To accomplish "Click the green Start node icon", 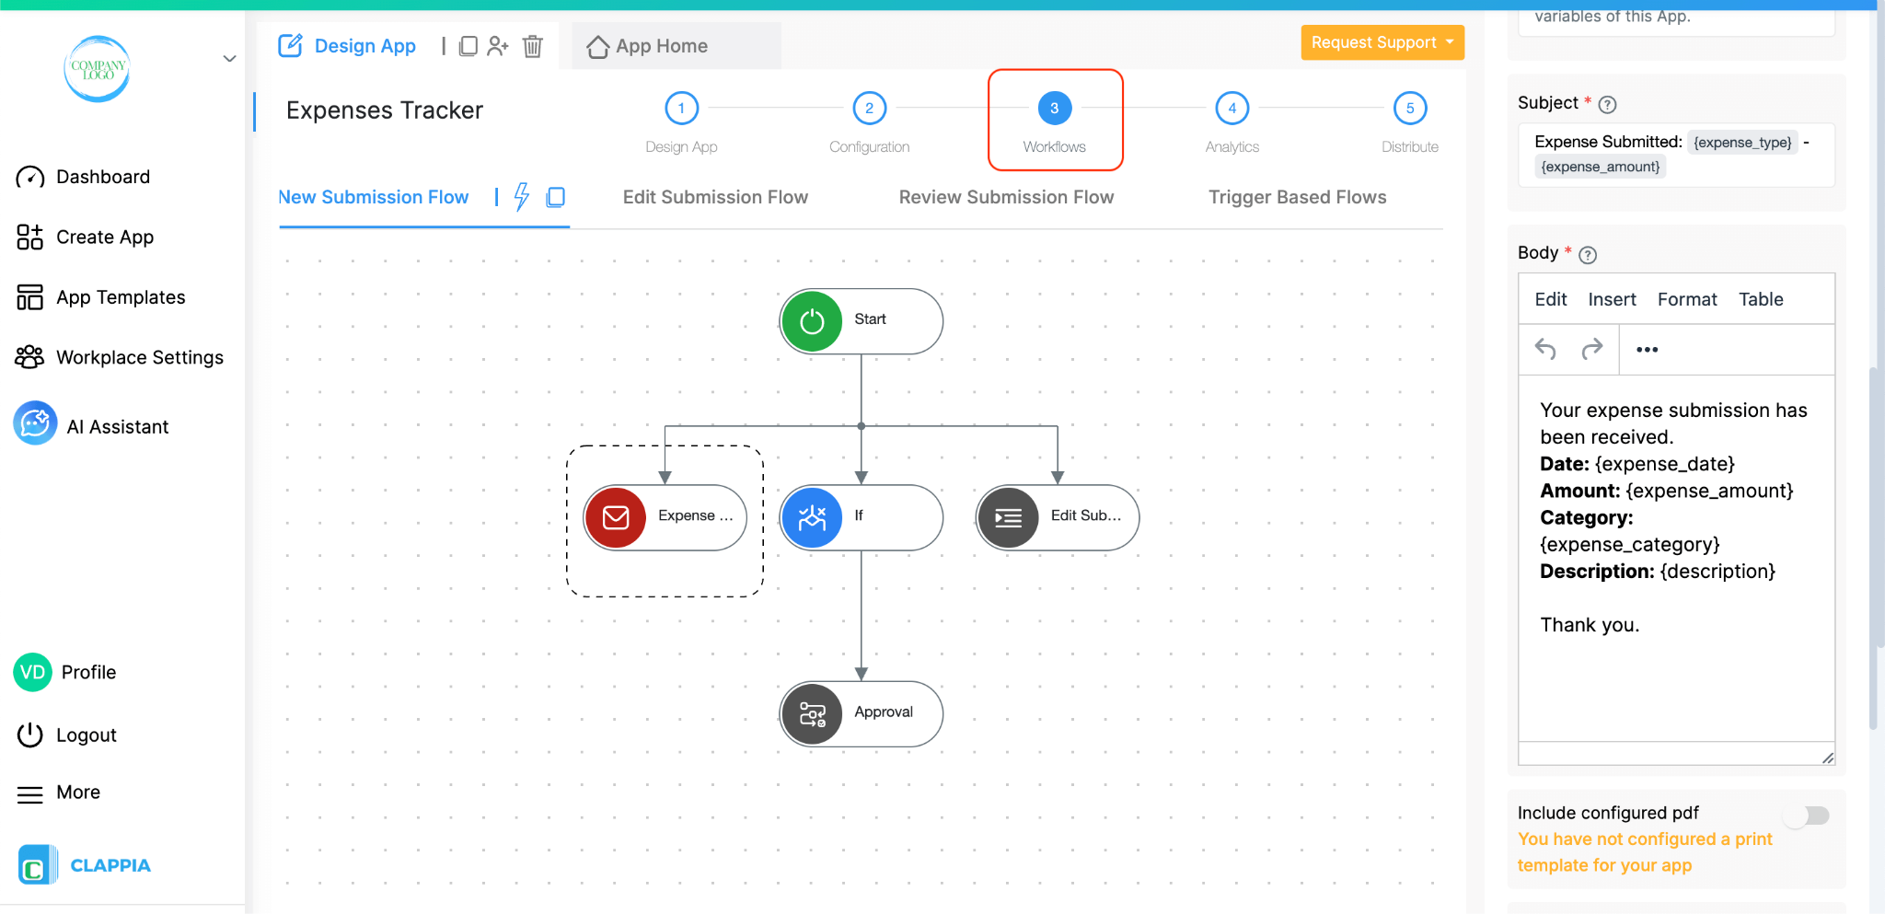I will coord(812,321).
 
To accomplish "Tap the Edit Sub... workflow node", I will coord(1058,516).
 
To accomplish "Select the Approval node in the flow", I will coord(861,713).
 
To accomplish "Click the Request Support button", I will coord(1381,42).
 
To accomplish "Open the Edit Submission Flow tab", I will coord(715,197).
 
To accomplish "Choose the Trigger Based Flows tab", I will coord(1297,197).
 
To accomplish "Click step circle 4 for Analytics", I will coord(1232,109).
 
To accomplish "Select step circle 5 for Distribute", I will coord(1409,109).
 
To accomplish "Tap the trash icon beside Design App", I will coord(533,46).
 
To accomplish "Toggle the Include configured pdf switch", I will coord(1807,816).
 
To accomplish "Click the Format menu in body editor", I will coord(1686,299).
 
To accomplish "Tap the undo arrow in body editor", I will coord(1545,349).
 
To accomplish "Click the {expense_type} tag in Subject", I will coord(1741,142).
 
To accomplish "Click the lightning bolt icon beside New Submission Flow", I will coord(522,196).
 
